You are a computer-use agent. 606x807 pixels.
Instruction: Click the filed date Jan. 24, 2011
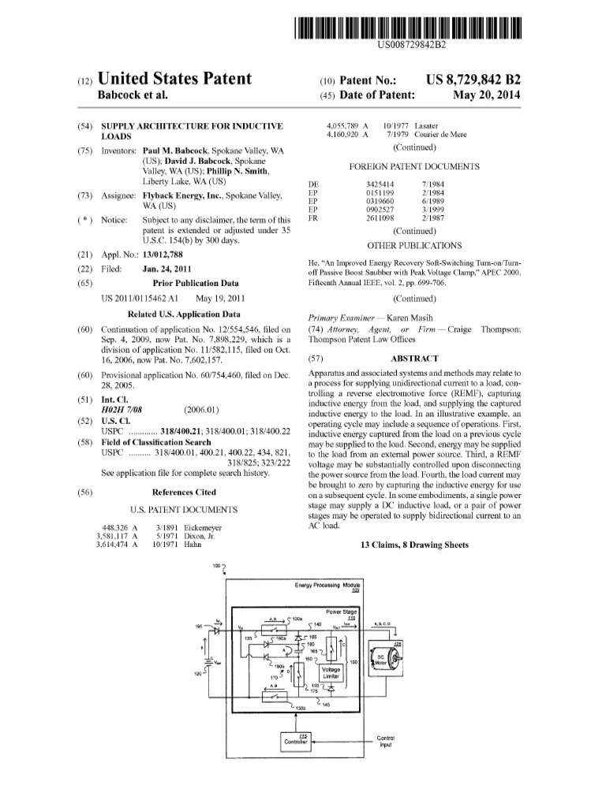tap(168, 269)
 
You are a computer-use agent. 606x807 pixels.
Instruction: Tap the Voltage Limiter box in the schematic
tap(331, 674)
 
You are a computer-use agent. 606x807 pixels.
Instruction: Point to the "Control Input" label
tap(385, 741)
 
